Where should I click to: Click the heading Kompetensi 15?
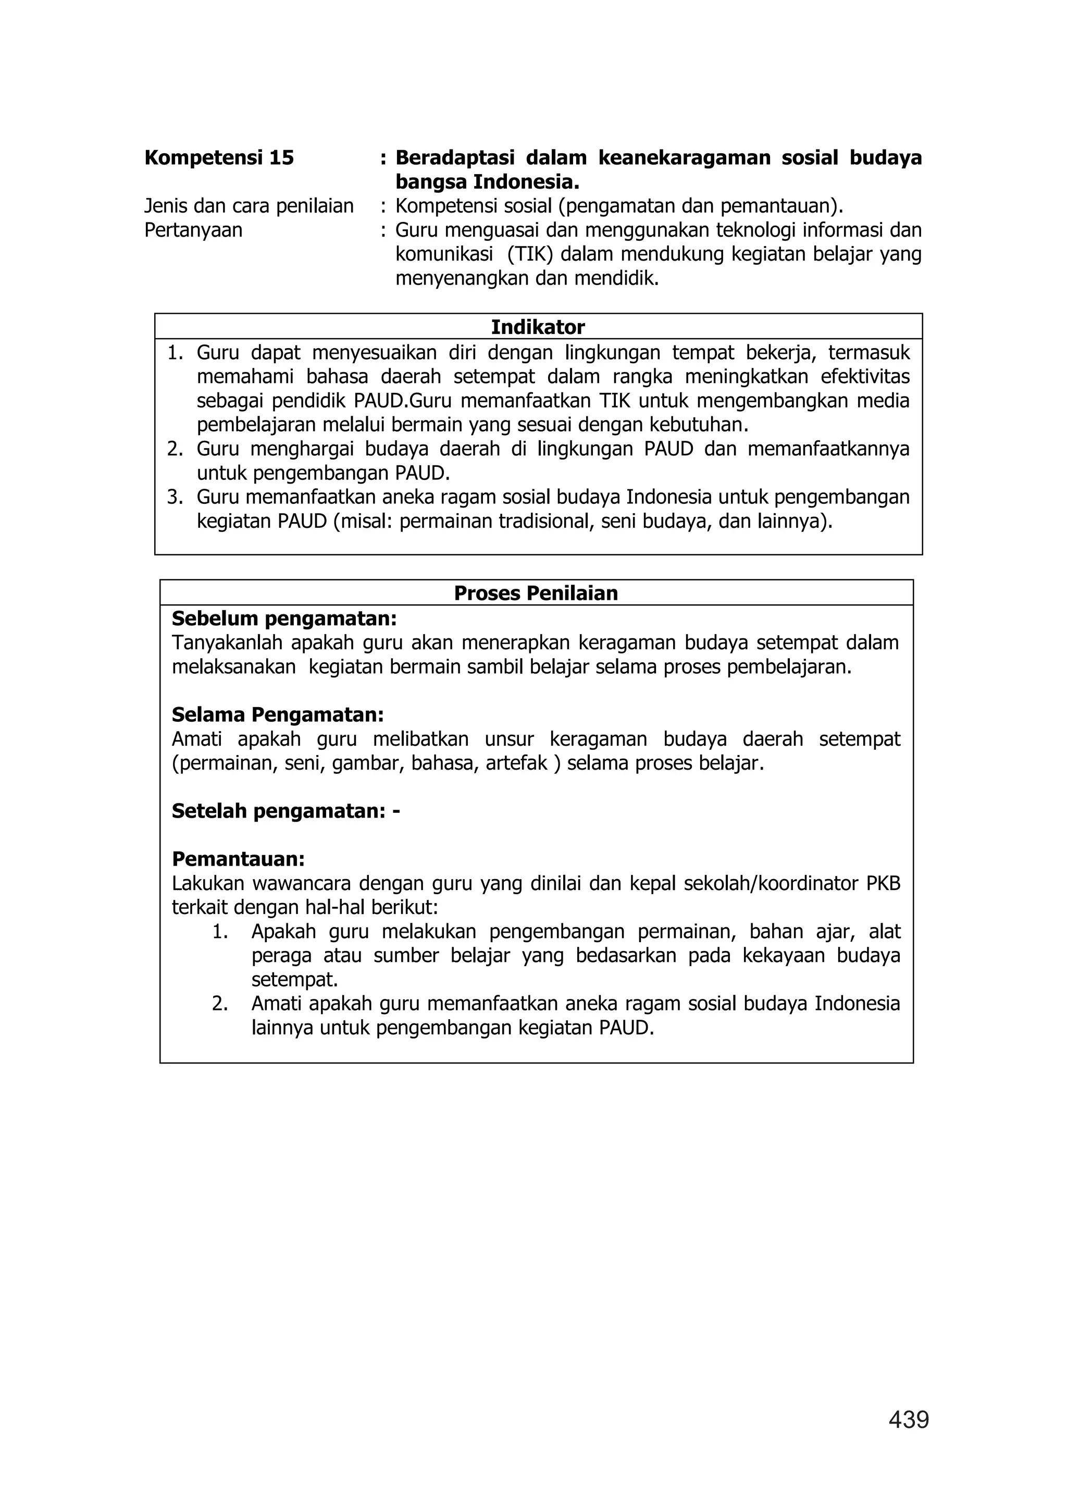coord(219,158)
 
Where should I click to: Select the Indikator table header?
coord(538,327)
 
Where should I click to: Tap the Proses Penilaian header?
coord(536,593)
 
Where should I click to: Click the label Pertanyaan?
coord(193,230)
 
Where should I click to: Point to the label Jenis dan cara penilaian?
coord(249,206)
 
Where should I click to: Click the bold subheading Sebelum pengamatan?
coord(284,619)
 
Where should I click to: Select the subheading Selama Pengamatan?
coord(277,714)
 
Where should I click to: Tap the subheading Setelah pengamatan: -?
coord(286,811)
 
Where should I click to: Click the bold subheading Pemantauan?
coord(238,859)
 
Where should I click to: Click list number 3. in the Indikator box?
coord(174,497)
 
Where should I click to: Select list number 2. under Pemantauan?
coord(219,1004)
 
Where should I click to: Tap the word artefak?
coord(516,763)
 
